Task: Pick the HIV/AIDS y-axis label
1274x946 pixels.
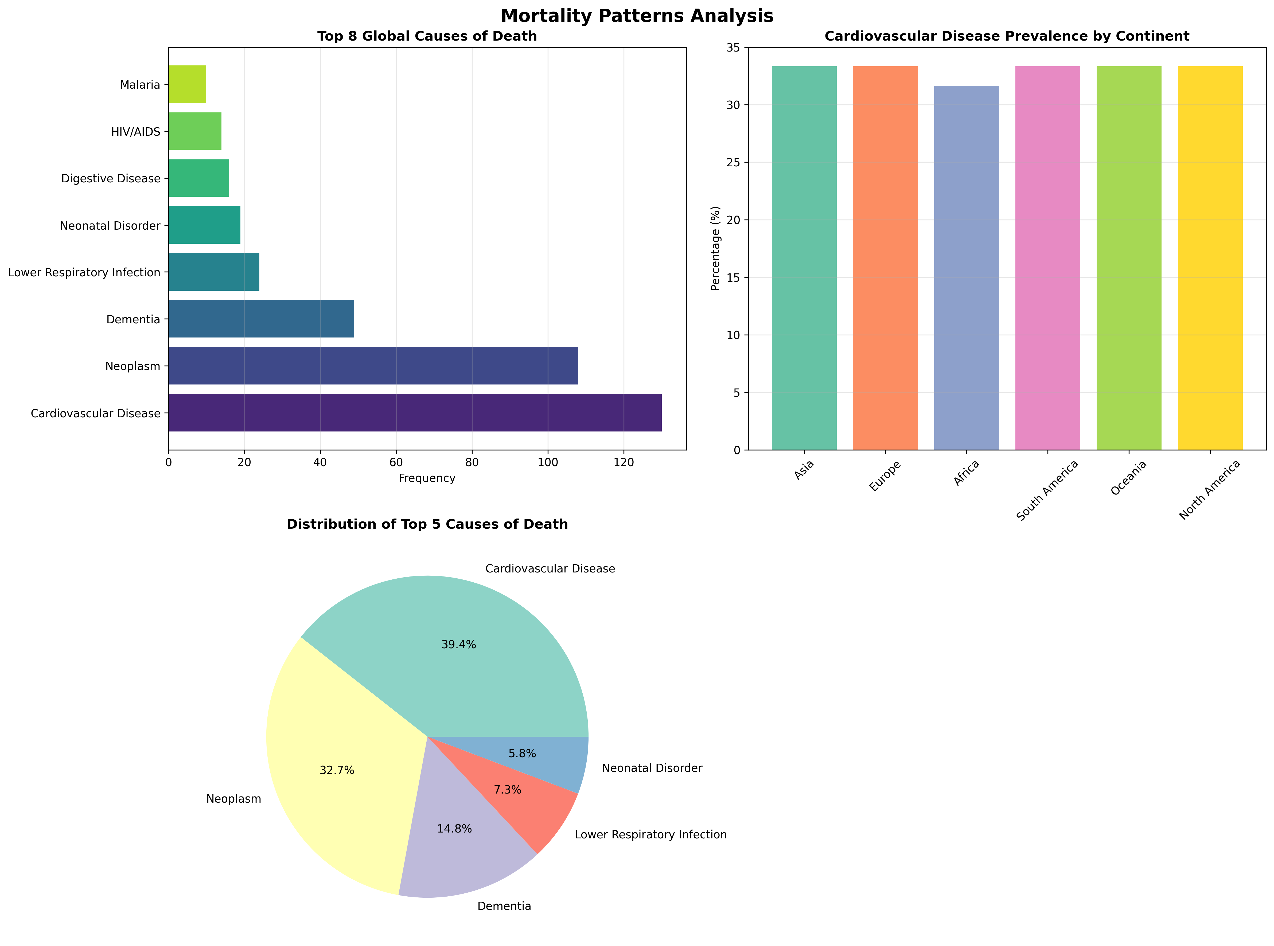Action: (136, 132)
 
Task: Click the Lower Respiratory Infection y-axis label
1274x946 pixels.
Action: (84, 273)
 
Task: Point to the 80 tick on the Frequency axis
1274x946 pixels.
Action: (472, 463)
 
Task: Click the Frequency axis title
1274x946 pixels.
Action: (427, 478)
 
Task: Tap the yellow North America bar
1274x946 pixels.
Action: (1210, 258)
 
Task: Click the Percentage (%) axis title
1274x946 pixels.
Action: (715, 249)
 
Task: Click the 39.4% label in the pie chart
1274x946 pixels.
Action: (458, 645)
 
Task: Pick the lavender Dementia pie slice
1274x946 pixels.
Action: (458, 853)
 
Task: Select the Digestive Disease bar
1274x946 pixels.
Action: (199, 178)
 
